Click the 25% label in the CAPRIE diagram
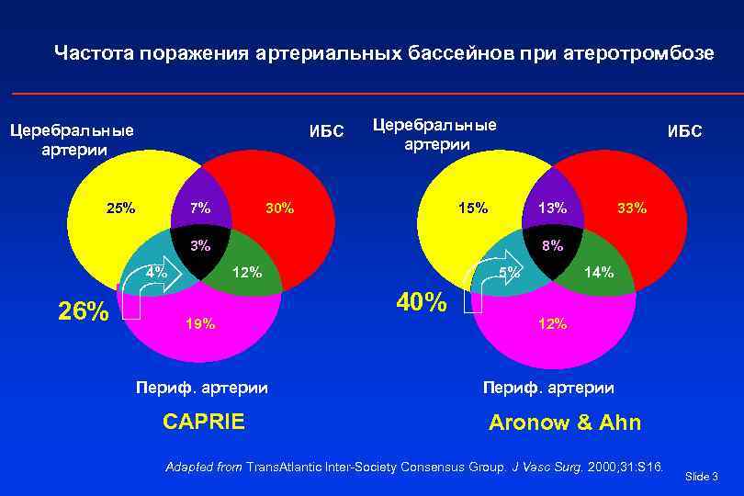coord(121,208)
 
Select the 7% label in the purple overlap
coord(199,208)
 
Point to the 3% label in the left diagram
coord(199,245)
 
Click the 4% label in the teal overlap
coord(156,272)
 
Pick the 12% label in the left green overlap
coord(247,272)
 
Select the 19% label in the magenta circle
coord(200,323)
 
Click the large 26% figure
coord(85,311)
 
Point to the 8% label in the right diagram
coord(552,245)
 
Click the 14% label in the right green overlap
coord(601,272)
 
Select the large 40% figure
coord(422,301)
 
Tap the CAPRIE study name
coord(203,422)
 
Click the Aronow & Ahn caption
coord(565,423)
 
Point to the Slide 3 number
coord(702,476)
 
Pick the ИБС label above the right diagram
coord(684,131)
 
